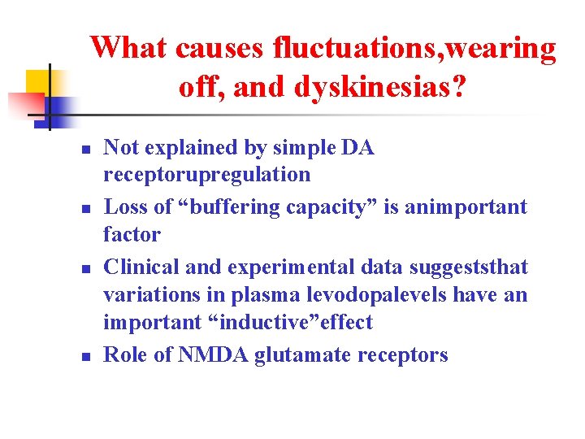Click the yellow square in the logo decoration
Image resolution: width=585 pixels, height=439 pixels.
39,81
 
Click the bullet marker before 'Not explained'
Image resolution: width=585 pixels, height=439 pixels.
83,149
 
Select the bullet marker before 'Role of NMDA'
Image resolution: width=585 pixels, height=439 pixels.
83,355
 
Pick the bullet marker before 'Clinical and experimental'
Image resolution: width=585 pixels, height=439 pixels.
83,267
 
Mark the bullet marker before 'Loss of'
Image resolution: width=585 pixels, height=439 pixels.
83,208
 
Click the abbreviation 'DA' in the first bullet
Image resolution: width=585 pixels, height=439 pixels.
357,148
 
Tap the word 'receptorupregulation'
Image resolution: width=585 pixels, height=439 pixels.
206,175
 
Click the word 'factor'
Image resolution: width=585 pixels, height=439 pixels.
132,234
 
